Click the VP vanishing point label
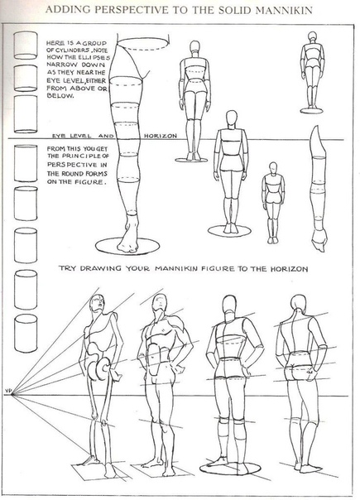pyautogui.click(x=8, y=390)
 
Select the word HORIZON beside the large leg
pyautogui.click(x=160, y=136)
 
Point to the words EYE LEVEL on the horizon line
pyautogui.click(x=72, y=136)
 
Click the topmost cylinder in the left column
pyautogui.click(x=26, y=45)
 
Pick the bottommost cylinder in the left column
pyautogui.click(x=26, y=334)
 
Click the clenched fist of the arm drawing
pyautogui.click(x=319, y=240)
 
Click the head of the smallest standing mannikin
pyautogui.click(x=272, y=168)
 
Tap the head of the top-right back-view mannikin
pyautogui.click(x=312, y=37)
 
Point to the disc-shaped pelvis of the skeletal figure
pyautogui.click(x=98, y=369)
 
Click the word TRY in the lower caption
pyautogui.click(x=67, y=268)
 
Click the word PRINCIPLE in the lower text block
pyautogui.click(x=82, y=156)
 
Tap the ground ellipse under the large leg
pyautogui.click(x=127, y=246)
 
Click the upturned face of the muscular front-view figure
pyautogui.click(x=160, y=302)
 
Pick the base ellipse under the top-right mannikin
pyautogui.click(x=311, y=111)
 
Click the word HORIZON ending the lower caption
pyautogui.click(x=289, y=269)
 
